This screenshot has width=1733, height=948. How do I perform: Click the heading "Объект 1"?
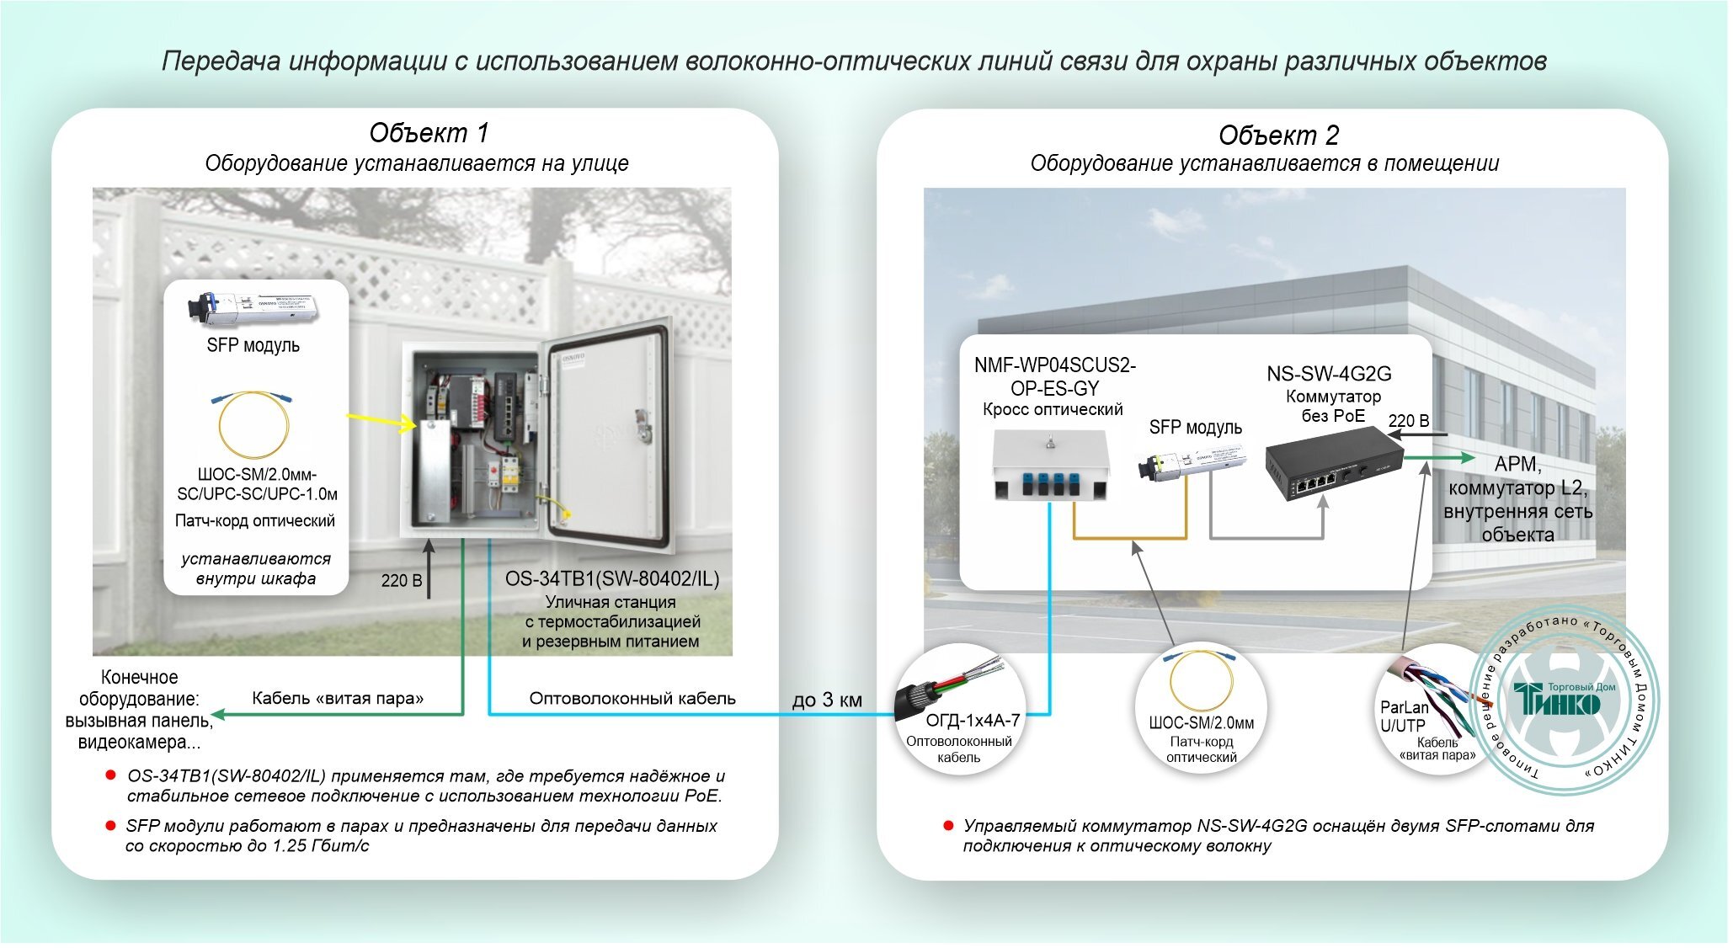pyautogui.click(x=429, y=133)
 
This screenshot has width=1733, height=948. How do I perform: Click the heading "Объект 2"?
pyautogui.click(x=1277, y=136)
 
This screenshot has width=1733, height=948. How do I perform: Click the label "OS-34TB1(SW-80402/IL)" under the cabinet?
pyautogui.click(x=612, y=579)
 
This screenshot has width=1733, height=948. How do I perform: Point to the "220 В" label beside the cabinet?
pyautogui.click(x=402, y=580)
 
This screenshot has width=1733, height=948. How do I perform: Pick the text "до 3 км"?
pyautogui.click(x=827, y=700)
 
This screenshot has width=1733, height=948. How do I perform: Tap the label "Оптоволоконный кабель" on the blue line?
pyautogui.click(x=632, y=699)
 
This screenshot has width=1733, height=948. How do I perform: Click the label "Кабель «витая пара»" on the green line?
pyautogui.click(x=338, y=699)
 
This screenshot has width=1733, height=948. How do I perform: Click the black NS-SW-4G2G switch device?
pyautogui.click(x=1333, y=463)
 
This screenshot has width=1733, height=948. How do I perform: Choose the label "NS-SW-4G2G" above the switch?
pyautogui.click(x=1329, y=374)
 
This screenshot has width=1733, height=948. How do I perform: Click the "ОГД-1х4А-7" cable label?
pyautogui.click(x=973, y=721)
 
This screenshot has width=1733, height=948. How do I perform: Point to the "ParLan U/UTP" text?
pyautogui.click(x=1403, y=716)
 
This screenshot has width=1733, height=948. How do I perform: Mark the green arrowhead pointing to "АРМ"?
pyautogui.click(x=1465, y=458)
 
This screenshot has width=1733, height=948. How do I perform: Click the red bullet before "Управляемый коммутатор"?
pyautogui.click(x=948, y=826)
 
